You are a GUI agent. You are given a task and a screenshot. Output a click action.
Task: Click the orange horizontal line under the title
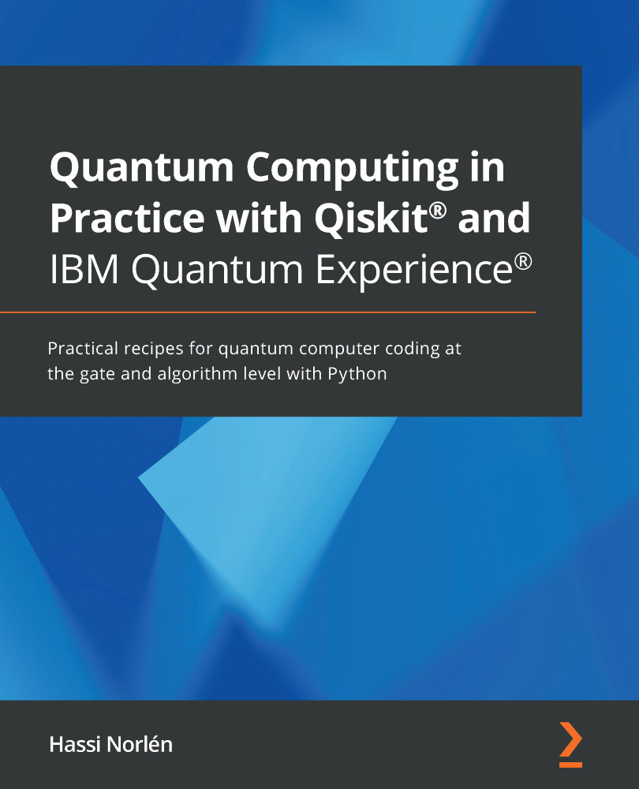click(267, 313)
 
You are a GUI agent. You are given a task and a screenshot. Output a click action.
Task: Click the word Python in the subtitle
click(360, 373)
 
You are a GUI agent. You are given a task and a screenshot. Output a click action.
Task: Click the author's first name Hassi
click(72, 744)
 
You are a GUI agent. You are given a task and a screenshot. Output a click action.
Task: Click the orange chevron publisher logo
click(571, 744)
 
